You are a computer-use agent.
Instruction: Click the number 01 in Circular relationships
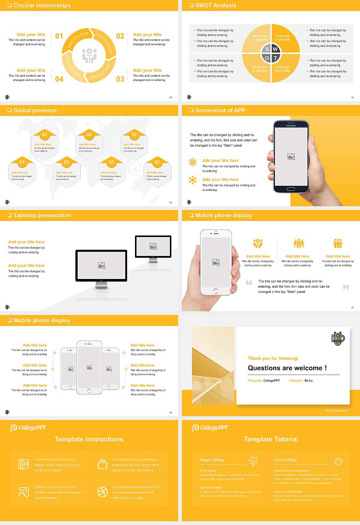pos(59,36)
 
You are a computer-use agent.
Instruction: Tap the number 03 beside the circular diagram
pos(120,79)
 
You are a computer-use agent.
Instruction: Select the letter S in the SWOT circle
pos(267,49)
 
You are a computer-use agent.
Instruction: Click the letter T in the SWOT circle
pos(275,58)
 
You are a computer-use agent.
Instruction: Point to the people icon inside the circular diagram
pos(89,55)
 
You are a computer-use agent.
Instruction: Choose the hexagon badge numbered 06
pos(134,135)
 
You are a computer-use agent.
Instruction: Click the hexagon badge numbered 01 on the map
pos(22,162)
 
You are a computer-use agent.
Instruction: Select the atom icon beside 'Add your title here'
pos(193,162)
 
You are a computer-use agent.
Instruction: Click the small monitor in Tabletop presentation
pos(153,247)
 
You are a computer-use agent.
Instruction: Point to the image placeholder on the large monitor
pos(102,265)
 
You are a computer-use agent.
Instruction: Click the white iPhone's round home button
pos(216,291)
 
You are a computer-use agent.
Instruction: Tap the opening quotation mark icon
pos(249,282)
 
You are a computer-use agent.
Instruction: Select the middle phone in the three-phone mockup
pos(89,367)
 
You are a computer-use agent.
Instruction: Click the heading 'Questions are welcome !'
pos(287,368)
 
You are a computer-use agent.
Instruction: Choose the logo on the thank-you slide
pos(338,339)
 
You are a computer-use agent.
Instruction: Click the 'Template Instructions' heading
pos(89,439)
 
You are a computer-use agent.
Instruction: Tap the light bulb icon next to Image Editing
pos(253,460)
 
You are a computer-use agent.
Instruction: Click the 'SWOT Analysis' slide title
pos(216,5)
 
